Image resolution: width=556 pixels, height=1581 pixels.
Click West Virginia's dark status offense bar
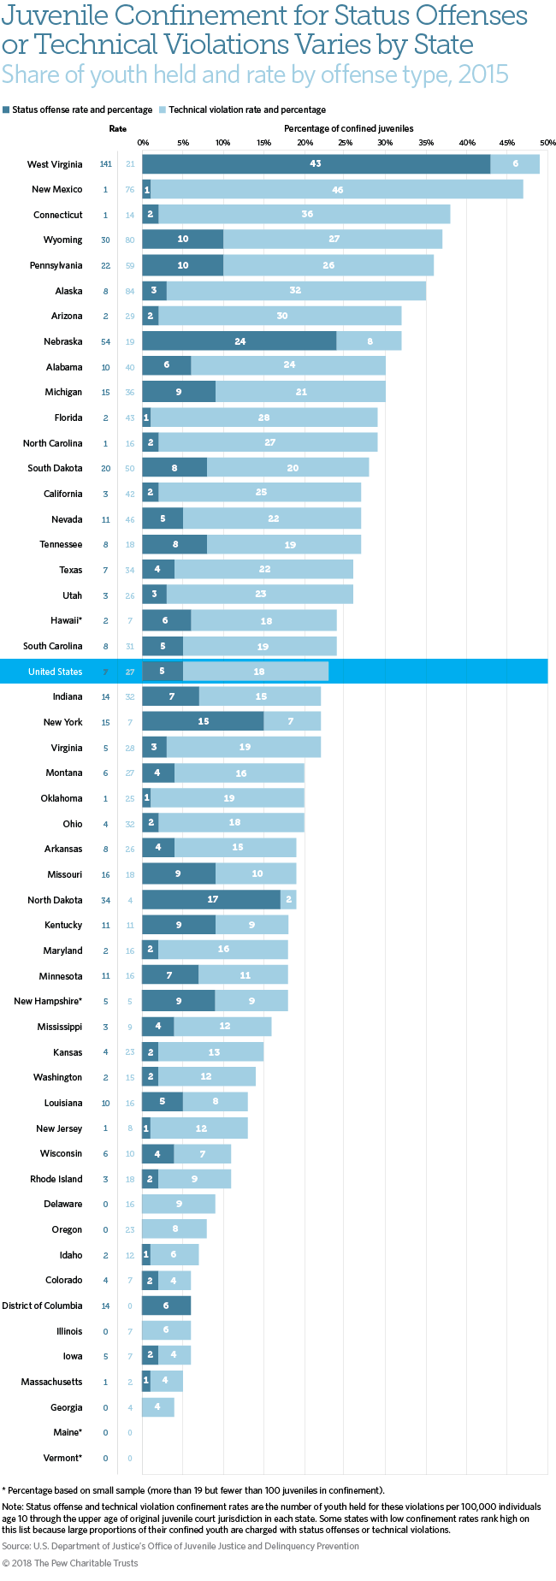(316, 164)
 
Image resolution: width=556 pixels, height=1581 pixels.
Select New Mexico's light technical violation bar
(337, 190)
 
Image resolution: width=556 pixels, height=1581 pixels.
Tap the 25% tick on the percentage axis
(345, 142)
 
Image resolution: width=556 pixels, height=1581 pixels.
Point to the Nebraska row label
(63, 342)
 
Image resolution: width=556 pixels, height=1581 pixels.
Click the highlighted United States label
(55, 672)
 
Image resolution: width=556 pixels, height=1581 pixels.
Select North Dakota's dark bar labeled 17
(212, 900)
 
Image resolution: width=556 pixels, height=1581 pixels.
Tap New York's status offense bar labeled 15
(203, 722)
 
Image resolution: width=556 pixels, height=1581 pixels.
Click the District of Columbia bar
(166, 1306)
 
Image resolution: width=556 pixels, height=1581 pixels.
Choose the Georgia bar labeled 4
(158, 1407)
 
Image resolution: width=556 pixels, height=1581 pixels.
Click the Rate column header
(117, 129)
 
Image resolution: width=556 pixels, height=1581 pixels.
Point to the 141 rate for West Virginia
(106, 164)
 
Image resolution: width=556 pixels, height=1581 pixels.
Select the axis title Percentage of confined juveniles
(348, 129)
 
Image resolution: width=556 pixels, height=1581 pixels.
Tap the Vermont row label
(62, 1458)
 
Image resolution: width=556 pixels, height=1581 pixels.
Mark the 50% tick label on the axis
(547, 142)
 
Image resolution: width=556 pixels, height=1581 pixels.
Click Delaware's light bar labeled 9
(179, 1205)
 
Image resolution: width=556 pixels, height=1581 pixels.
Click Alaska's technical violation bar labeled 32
(296, 291)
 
